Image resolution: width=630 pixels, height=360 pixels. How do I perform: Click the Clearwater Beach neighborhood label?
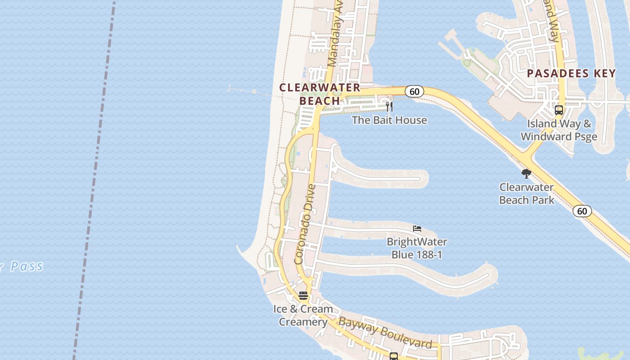tap(320, 94)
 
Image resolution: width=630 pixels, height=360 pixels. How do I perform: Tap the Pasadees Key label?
tap(571, 73)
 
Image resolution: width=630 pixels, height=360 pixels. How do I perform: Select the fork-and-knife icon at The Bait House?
tap(389, 107)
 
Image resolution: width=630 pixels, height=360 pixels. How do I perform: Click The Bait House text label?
tap(389, 120)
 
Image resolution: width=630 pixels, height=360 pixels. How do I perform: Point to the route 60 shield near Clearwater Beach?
tap(414, 91)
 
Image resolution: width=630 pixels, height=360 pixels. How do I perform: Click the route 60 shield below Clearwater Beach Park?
tap(582, 211)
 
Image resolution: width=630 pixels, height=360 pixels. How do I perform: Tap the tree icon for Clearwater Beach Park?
tap(526, 174)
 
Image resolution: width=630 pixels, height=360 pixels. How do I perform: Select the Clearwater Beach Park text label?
tap(526, 193)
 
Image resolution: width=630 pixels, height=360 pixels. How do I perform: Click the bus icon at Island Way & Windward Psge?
tap(558, 110)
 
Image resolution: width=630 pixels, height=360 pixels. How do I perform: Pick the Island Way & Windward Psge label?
tap(559, 130)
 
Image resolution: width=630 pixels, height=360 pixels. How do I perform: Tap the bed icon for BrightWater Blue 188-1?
tap(417, 228)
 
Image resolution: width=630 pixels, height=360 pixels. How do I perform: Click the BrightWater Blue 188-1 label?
tap(417, 248)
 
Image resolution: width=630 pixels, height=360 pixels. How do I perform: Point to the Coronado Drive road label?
tap(306, 224)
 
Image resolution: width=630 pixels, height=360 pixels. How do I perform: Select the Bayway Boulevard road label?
tap(385, 333)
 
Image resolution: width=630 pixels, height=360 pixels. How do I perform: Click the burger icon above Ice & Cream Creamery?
tap(303, 296)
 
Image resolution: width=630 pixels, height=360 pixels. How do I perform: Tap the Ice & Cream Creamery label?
tap(303, 315)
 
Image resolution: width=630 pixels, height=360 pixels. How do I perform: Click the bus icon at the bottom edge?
tap(394, 356)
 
